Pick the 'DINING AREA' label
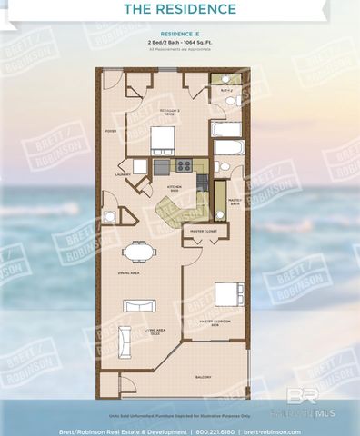(x=126, y=272)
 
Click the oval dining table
(x=139, y=251)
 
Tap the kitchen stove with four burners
(x=183, y=166)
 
